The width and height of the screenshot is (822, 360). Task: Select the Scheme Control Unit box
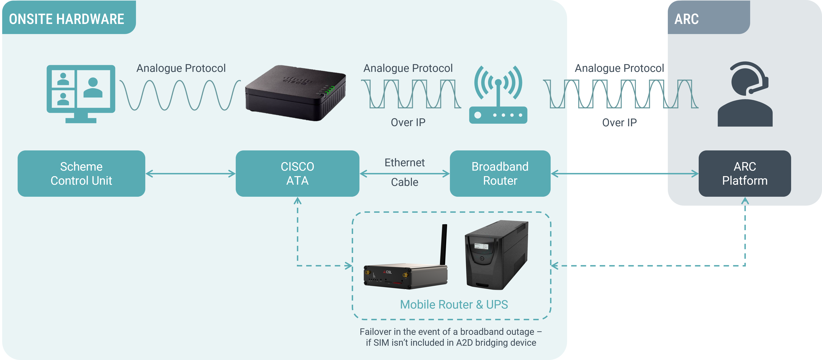coord(81,174)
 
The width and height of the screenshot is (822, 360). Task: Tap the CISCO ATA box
coord(297,174)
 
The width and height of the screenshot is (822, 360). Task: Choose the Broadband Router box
coord(500,174)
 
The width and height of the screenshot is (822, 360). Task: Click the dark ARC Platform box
coord(745,174)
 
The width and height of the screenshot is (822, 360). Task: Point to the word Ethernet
coord(405,163)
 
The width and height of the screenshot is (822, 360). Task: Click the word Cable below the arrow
coord(405,182)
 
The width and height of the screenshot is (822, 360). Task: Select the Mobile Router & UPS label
coord(454,304)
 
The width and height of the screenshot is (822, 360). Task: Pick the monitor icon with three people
coord(81,93)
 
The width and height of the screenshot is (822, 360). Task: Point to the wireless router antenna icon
coord(498,94)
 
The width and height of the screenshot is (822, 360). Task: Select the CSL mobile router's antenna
coord(444,244)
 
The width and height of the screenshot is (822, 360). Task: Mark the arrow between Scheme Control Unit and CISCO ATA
coord(190,174)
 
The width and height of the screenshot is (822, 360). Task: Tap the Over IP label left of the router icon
coord(408,123)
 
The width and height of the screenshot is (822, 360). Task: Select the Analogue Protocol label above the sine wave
coord(181,68)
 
